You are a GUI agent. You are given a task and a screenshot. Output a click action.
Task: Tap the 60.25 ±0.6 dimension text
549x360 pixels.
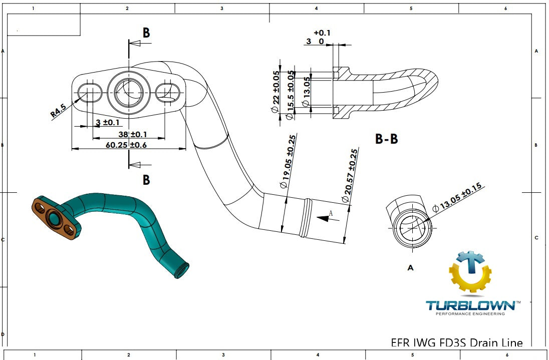[126, 145]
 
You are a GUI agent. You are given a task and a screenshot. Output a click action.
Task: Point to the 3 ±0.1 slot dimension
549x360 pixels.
[108, 123]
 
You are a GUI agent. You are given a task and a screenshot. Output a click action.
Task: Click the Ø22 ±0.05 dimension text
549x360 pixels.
[276, 91]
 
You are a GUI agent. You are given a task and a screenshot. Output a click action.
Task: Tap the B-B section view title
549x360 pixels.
[387, 139]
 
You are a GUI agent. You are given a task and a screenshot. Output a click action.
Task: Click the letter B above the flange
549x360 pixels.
[146, 33]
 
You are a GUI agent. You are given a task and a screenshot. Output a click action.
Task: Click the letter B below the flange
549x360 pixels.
[146, 180]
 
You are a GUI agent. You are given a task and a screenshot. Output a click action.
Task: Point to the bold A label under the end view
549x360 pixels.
[411, 268]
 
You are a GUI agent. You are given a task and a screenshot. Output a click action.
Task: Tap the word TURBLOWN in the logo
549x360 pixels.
[469, 305]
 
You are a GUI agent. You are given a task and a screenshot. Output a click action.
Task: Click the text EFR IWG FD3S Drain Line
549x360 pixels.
[456, 343]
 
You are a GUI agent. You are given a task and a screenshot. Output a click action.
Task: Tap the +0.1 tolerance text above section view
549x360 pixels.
[322, 33]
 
